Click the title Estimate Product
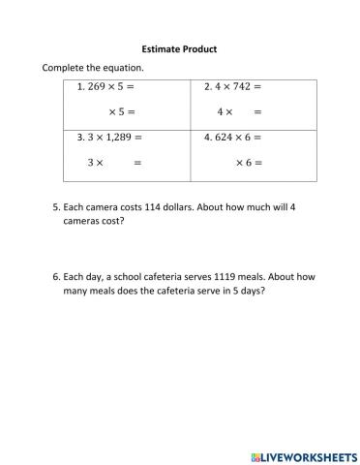(179, 48)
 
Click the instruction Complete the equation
(93, 68)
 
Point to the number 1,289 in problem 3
(119, 138)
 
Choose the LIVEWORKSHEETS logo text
(304, 453)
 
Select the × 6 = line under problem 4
(250, 163)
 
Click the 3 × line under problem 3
(95, 163)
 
